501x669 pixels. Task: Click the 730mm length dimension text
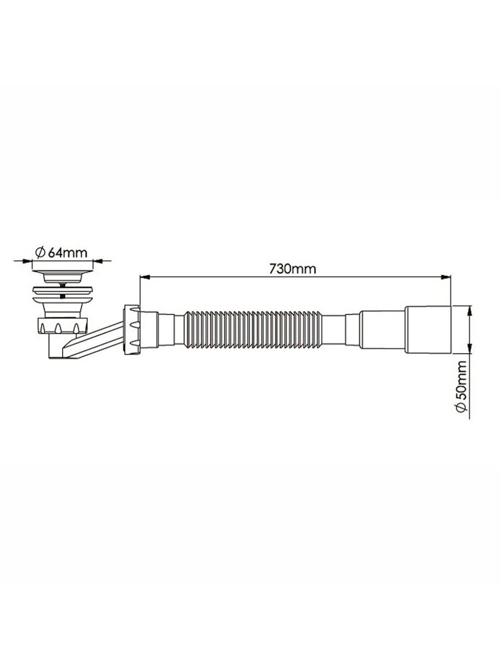(x=293, y=269)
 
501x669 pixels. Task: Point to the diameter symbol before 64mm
(x=41, y=252)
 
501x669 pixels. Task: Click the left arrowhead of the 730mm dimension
(x=144, y=277)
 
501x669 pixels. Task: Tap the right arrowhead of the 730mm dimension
(x=445, y=277)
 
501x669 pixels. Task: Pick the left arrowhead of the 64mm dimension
(x=27, y=261)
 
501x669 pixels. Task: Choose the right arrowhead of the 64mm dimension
(x=98, y=261)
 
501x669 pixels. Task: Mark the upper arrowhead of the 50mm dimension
(x=470, y=311)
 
